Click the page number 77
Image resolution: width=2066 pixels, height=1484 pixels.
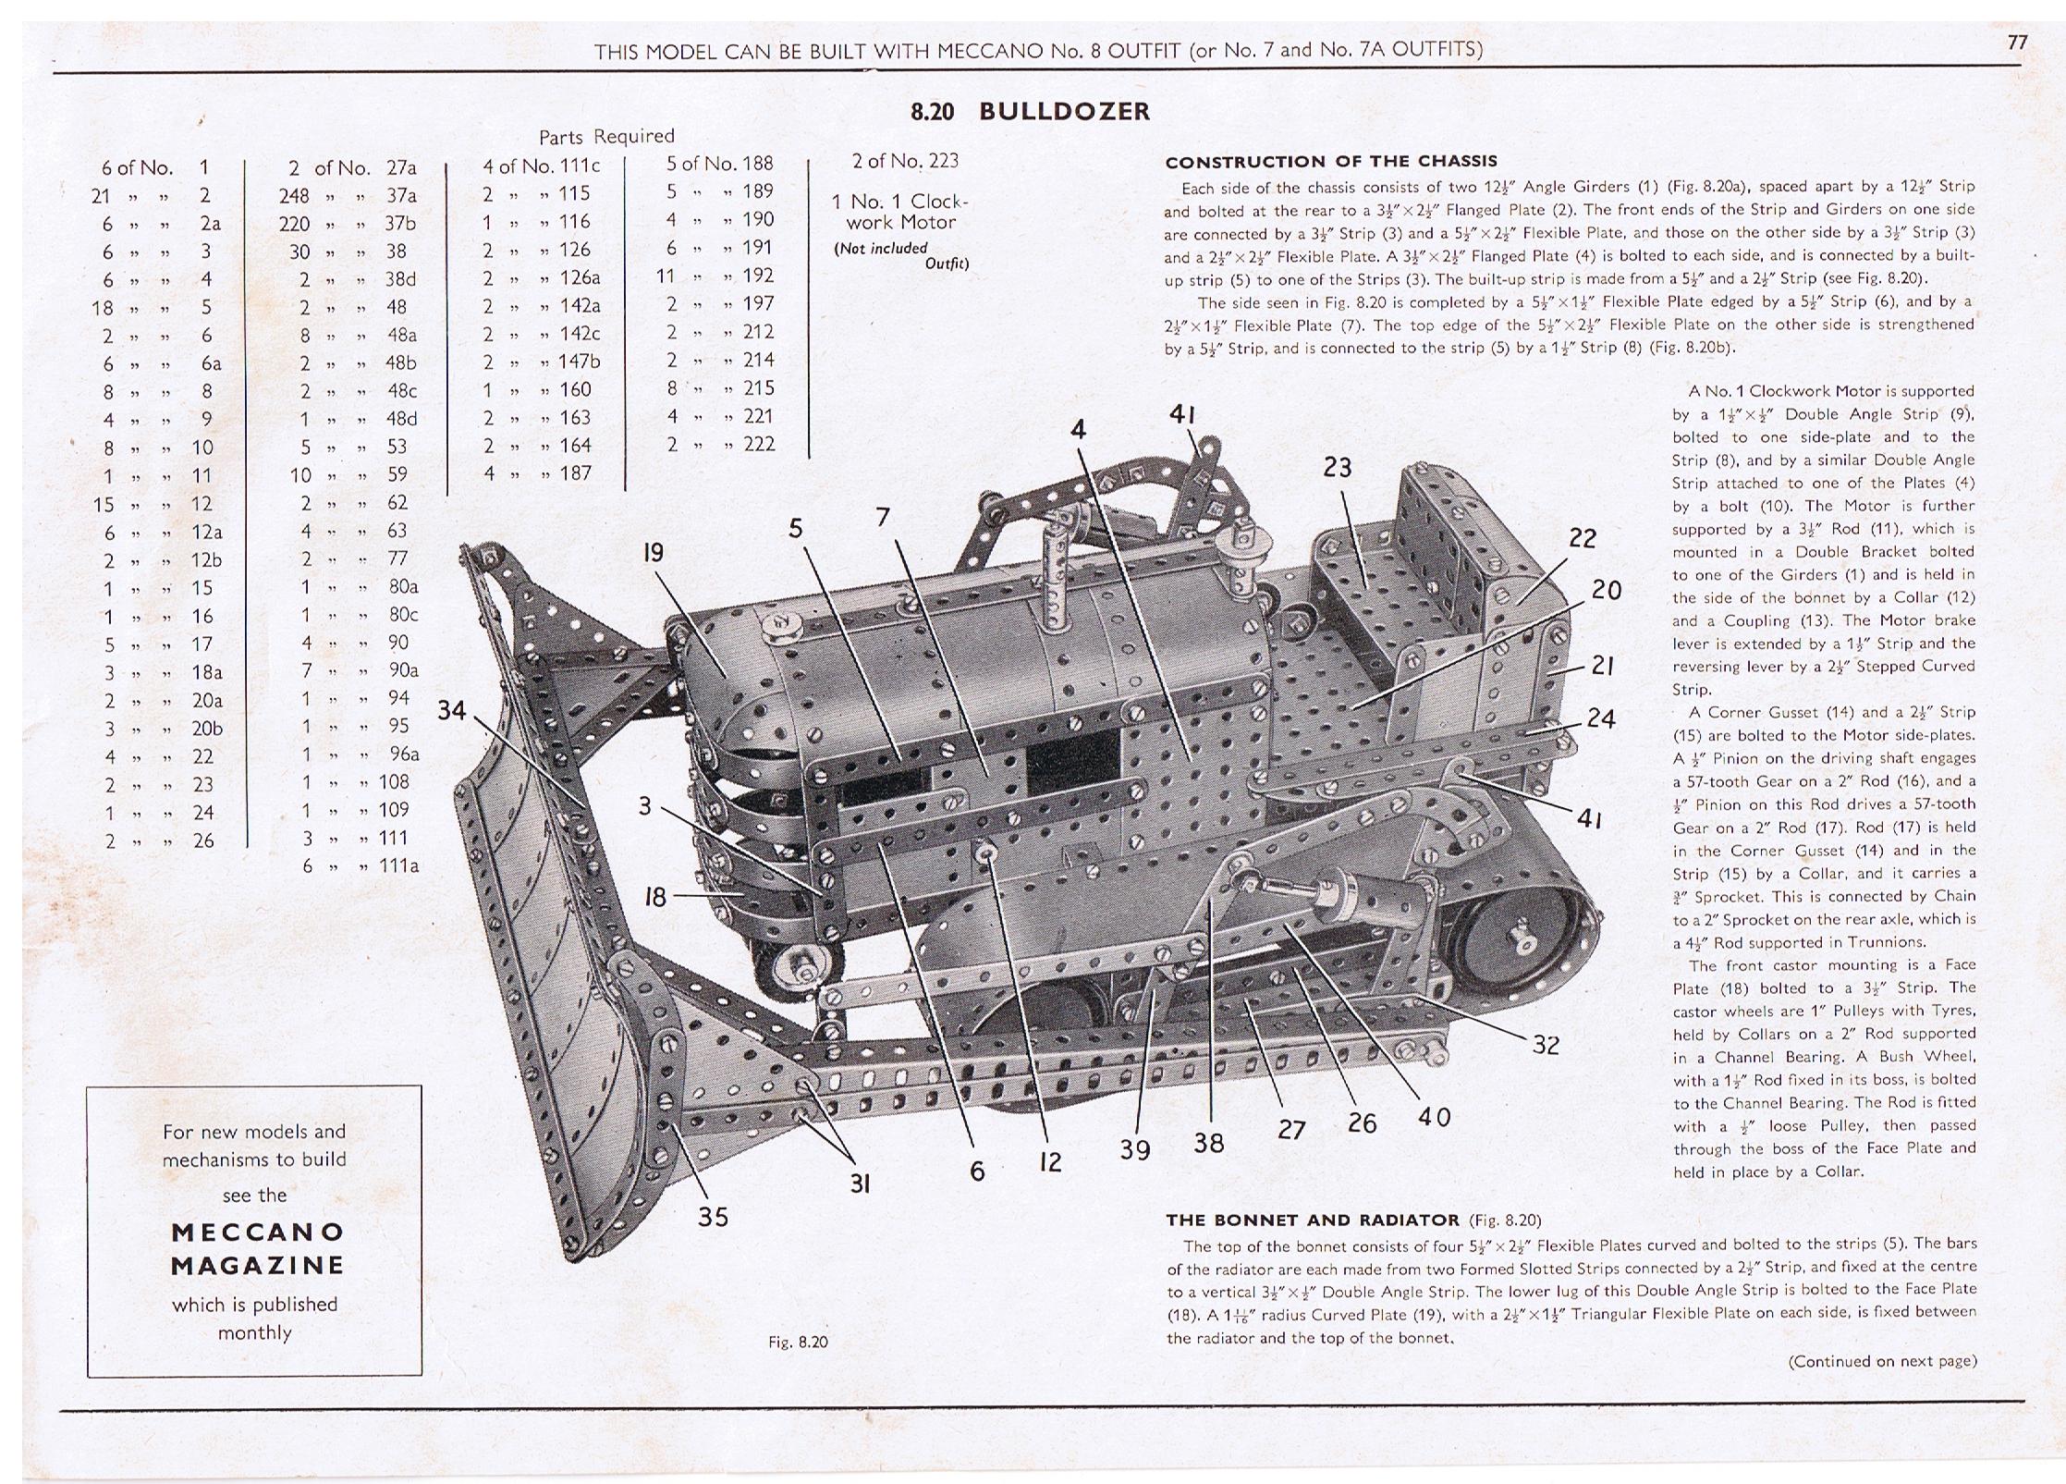coord(2017,43)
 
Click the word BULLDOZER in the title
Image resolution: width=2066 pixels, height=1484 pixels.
coord(1064,112)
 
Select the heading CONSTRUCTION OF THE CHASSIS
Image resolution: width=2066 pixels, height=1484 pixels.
coord(1331,162)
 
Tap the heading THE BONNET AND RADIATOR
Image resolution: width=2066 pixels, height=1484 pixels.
coord(1313,1220)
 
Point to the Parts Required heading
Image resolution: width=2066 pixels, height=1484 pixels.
coord(606,137)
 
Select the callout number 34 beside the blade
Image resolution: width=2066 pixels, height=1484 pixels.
coord(452,710)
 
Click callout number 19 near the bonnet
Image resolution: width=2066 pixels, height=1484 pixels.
coord(653,553)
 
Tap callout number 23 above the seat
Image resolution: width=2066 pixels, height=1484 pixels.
coord(1337,468)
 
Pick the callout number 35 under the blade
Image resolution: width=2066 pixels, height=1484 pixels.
coord(713,1216)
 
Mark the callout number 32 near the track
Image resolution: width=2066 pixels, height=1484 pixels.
coord(1546,1045)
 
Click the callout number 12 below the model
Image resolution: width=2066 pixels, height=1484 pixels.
coord(1050,1162)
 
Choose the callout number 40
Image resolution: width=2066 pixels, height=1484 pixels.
coord(1433,1118)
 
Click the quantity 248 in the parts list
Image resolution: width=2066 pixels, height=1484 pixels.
coord(294,196)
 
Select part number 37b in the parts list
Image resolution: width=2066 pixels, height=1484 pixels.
coord(400,224)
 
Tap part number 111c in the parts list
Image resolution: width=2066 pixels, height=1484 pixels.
coord(580,166)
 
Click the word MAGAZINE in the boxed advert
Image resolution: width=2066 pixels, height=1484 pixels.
coord(257,1265)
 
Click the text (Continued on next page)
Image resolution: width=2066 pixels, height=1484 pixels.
coord(1882,1361)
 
